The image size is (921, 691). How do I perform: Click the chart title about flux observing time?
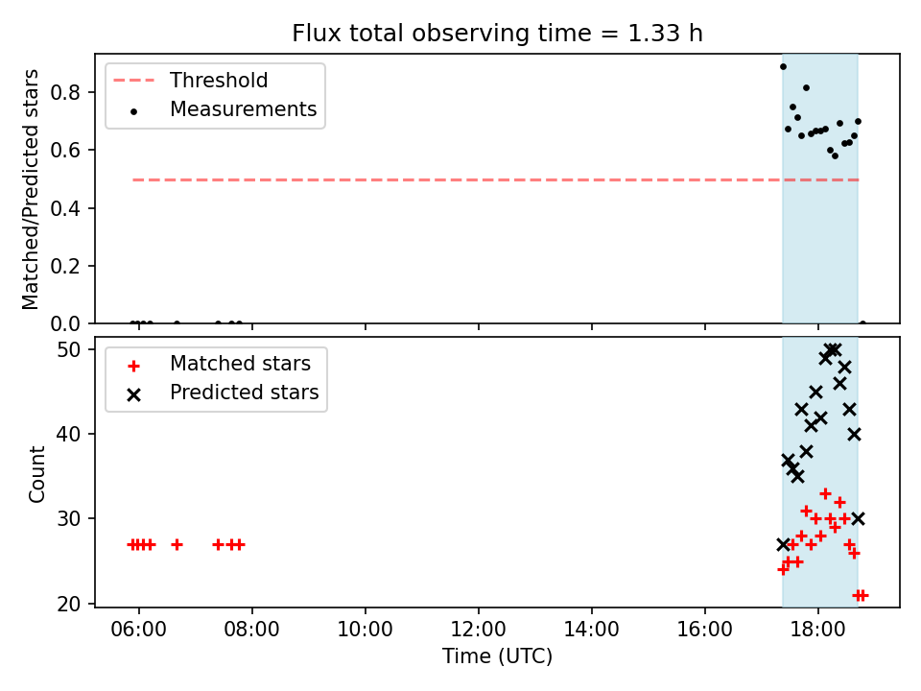tap(498, 33)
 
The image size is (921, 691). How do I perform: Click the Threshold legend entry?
tap(190, 80)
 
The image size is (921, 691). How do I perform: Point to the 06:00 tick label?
tap(138, 630)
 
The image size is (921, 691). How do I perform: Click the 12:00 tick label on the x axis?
tap(478, 630)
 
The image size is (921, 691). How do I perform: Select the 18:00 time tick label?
tap(817, 630)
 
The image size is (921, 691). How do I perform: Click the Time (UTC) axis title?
tap(498, 655)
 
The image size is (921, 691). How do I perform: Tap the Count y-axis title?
tap(36, 473)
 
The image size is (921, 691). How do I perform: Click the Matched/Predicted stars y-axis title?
tap(30, 189)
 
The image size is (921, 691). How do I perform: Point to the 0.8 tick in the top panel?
tap(65, 92)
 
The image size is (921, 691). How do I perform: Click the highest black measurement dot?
tap(783, 67)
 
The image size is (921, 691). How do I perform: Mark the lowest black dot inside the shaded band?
tap(835, 155)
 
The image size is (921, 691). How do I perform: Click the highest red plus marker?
tap(825, 493)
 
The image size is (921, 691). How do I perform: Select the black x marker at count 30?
tap(858, 519)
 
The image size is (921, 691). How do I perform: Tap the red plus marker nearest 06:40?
tap(177, 545)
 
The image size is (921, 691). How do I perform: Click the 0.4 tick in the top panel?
tap(65, 208)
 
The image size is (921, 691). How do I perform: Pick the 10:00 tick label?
tap(365, 630)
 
